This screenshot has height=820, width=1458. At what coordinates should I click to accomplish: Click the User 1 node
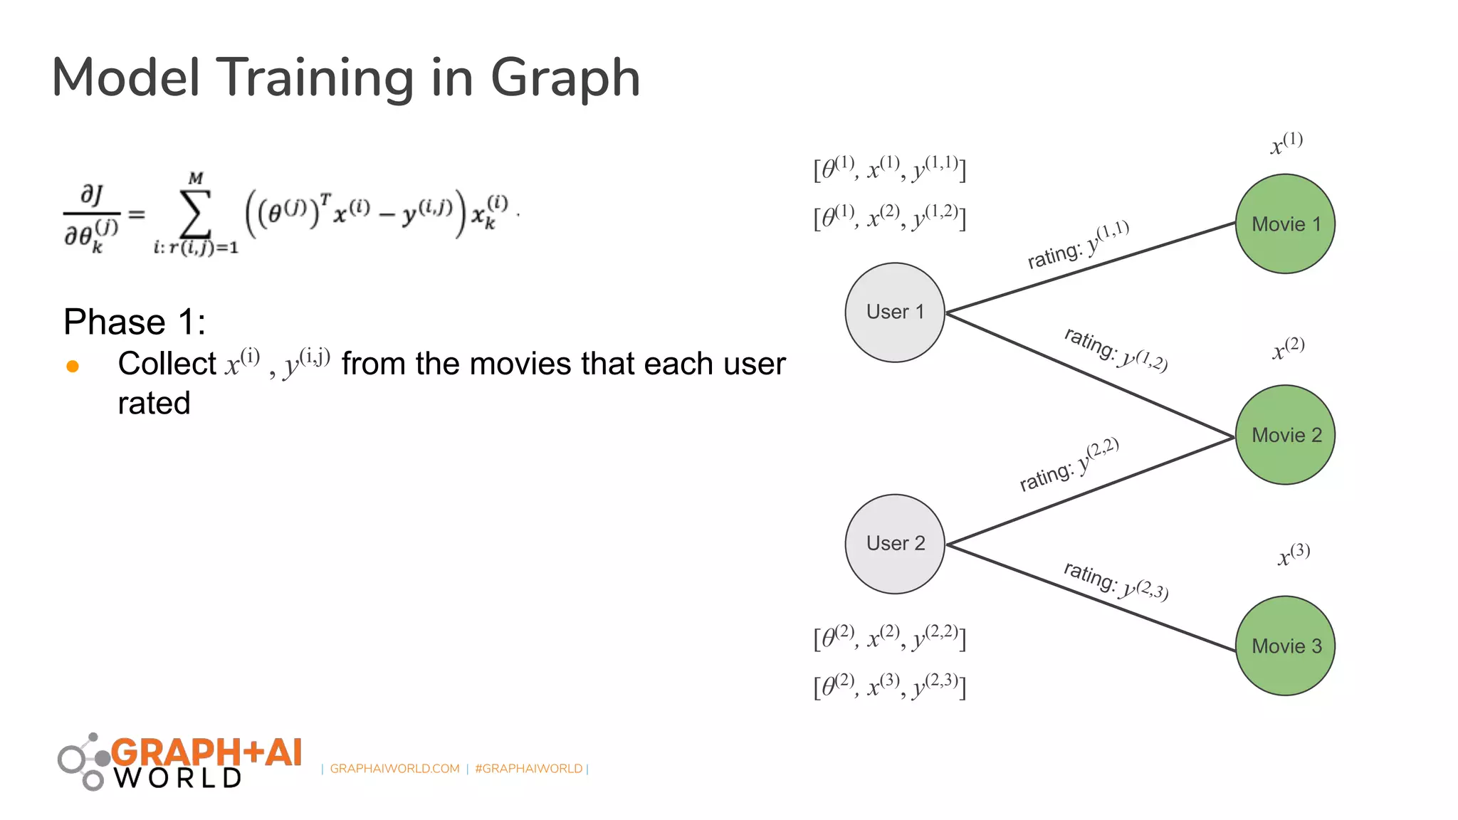click(x=894, y=312)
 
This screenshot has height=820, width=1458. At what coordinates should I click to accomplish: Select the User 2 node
click(x=894, y=544)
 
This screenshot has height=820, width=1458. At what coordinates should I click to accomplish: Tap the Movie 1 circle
click(x=1285, y=224)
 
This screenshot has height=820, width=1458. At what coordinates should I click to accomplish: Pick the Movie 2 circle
click(x=1285, y=435)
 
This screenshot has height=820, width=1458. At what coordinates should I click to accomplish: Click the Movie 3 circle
click(x=1285, y=646)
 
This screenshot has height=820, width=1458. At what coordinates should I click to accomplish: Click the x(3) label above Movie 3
click(x=1294, y=554)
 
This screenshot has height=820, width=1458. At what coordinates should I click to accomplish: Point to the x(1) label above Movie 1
click(x=1286, y=142)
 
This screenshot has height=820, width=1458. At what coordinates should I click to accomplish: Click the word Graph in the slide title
click(x=565, y=78)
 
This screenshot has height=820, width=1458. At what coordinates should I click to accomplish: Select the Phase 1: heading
click(x=135, y=322)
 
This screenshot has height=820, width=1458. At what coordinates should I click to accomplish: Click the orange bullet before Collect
click(x=73, y=367)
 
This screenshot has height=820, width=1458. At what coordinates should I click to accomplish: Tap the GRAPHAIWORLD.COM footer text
click(x=394, y=769)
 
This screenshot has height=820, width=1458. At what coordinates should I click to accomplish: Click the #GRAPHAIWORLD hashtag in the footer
click(x=528, y=769)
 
